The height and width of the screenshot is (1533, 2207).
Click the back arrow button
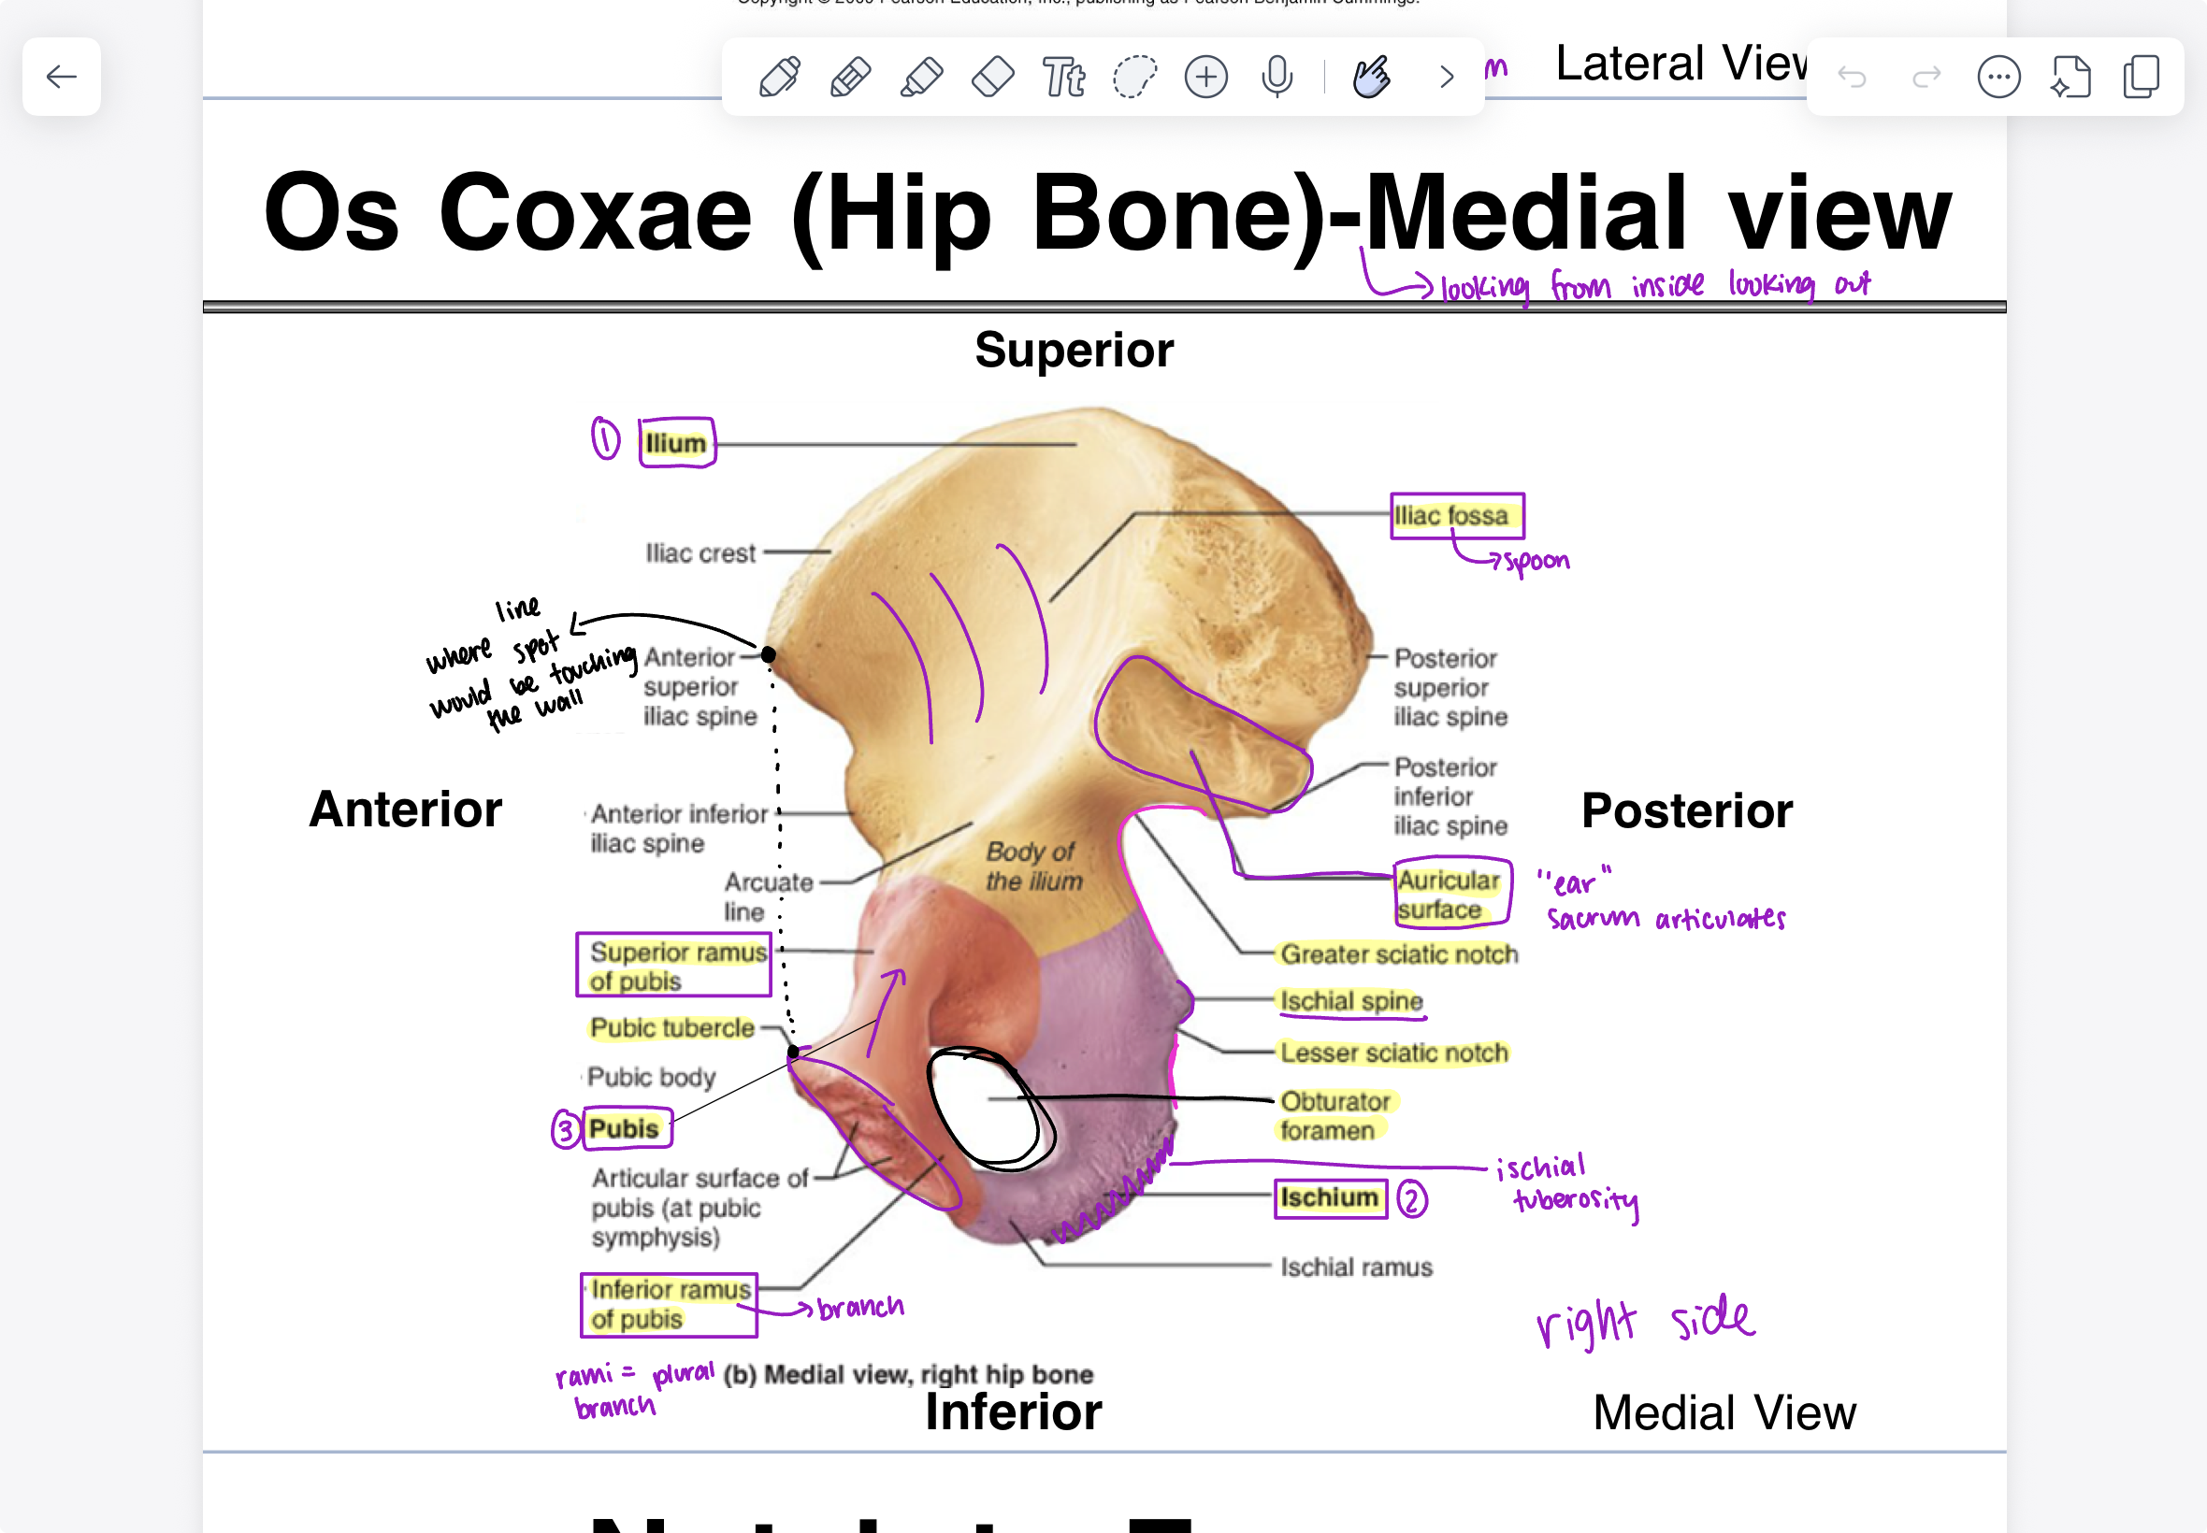(62, 77)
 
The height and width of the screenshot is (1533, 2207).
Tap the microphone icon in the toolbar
(1277, 77)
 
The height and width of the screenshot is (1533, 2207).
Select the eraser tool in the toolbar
(992, 77)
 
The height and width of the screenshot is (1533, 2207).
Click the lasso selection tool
(1134, 77)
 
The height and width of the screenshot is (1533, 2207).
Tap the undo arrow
(1852, 77)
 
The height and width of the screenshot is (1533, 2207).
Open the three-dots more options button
(1998, 77)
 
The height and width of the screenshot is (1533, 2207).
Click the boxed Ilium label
(676, 443)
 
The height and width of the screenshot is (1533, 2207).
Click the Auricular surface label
(1450, 895)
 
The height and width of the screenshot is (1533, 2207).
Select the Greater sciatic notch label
(1398, 953)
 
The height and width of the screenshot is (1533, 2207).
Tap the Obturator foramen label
(1334, 1115)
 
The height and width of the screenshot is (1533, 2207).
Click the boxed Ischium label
(1330, 1197)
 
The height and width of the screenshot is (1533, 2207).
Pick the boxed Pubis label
(625, 1128)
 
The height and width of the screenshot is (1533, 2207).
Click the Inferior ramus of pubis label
(670, 1303)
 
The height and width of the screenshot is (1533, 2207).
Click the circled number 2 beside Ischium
(1411, 1199)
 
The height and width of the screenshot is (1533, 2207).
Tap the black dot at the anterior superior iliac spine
(768, 654)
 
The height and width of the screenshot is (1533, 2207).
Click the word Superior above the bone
(1075, 350)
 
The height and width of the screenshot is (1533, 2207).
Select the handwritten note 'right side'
(1645, 1321)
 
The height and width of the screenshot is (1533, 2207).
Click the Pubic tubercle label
(672, 1027)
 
